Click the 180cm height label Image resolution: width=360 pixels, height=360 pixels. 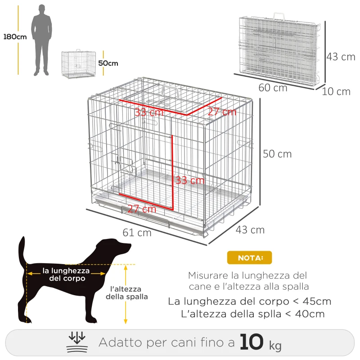point(15,37)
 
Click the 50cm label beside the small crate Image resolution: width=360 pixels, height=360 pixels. point(108,63)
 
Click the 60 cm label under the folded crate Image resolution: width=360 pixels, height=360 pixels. point(273,88)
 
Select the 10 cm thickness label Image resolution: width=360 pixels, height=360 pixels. point(336,92)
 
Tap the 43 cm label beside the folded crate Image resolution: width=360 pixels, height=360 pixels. point(341,57)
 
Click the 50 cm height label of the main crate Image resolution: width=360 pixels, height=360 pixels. point(277,154)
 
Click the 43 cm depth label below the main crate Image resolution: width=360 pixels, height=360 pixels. point(250,229)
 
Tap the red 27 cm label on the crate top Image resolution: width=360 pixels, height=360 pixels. point(222,112)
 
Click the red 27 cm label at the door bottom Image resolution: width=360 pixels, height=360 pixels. point(142,209)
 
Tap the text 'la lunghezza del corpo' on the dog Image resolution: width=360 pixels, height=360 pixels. point(66,274)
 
